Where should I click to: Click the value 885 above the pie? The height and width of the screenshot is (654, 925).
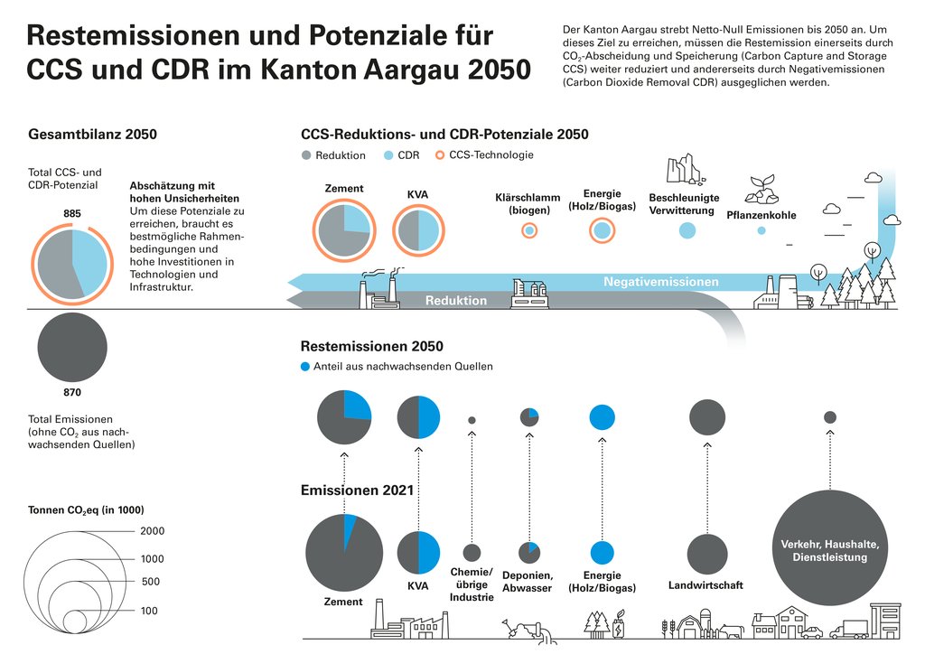[72, 213]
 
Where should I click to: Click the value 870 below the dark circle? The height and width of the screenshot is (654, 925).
[72, 393]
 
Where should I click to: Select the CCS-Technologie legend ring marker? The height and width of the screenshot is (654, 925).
[440, 155]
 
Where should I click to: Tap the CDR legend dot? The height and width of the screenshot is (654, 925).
[388, 155]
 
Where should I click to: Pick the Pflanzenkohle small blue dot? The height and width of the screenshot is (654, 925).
[761, 231]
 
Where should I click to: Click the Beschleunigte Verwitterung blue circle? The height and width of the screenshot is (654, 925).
[687, 230]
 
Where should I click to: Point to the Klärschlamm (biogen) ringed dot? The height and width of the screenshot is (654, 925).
[529, 231]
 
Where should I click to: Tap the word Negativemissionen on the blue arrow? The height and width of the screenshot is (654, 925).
[661, 282]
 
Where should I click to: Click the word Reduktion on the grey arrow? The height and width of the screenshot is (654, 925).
[456, 300]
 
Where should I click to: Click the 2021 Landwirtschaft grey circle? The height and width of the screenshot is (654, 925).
[706, 554]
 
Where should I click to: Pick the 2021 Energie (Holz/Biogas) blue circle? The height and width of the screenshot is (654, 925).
[603, 553]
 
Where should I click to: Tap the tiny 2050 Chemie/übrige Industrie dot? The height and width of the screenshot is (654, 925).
[472, 420]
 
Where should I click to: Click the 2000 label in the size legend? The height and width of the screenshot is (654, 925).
[152, 531]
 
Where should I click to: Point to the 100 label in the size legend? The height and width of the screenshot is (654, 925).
[149, 611]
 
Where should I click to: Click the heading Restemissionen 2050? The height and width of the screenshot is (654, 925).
[371, 346]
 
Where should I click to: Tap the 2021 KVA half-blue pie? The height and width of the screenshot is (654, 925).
[418, 553]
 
